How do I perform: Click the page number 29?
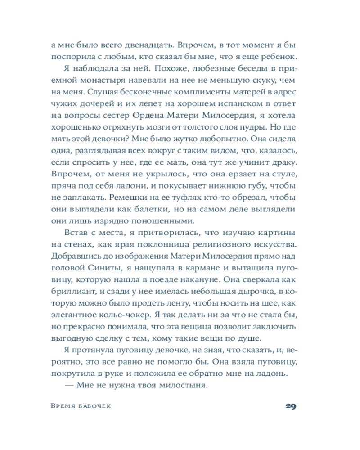[290, 406]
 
